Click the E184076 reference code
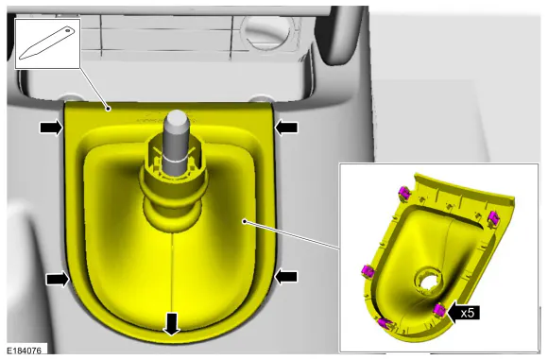[25, 351]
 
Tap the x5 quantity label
[468, 313]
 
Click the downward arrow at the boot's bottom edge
[171, 324]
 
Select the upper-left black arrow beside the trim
[51, 128]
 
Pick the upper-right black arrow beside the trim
[286, 128]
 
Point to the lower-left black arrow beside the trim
[58, 280]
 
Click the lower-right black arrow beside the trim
[286, 277]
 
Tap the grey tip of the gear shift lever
[178, 119]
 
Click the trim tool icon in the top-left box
[47, 43]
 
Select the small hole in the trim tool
[68, 31]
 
